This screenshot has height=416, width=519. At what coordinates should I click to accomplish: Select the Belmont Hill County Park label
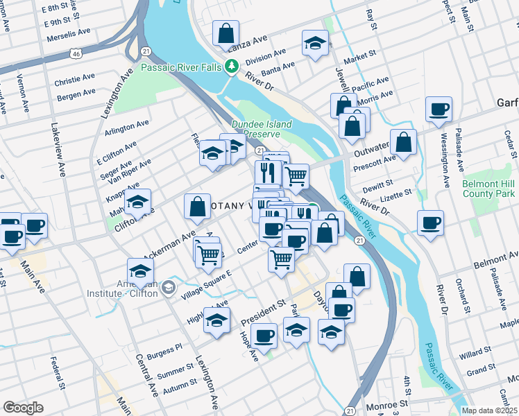488,189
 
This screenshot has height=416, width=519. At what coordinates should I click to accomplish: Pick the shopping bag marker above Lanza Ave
226,33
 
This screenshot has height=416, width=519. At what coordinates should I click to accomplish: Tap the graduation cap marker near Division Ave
315,44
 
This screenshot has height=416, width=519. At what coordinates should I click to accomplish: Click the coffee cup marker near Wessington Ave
439,110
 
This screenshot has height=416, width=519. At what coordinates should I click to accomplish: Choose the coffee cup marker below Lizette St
430,223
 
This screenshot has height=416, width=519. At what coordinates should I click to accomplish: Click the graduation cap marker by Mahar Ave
138,202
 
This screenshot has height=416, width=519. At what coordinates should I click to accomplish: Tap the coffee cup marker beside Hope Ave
264,336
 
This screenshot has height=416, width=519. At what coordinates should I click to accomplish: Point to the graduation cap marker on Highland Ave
217,320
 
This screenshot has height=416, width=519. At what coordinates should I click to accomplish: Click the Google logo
23,408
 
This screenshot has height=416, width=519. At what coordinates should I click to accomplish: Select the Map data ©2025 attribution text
489,410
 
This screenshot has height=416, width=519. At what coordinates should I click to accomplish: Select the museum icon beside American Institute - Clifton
168,288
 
